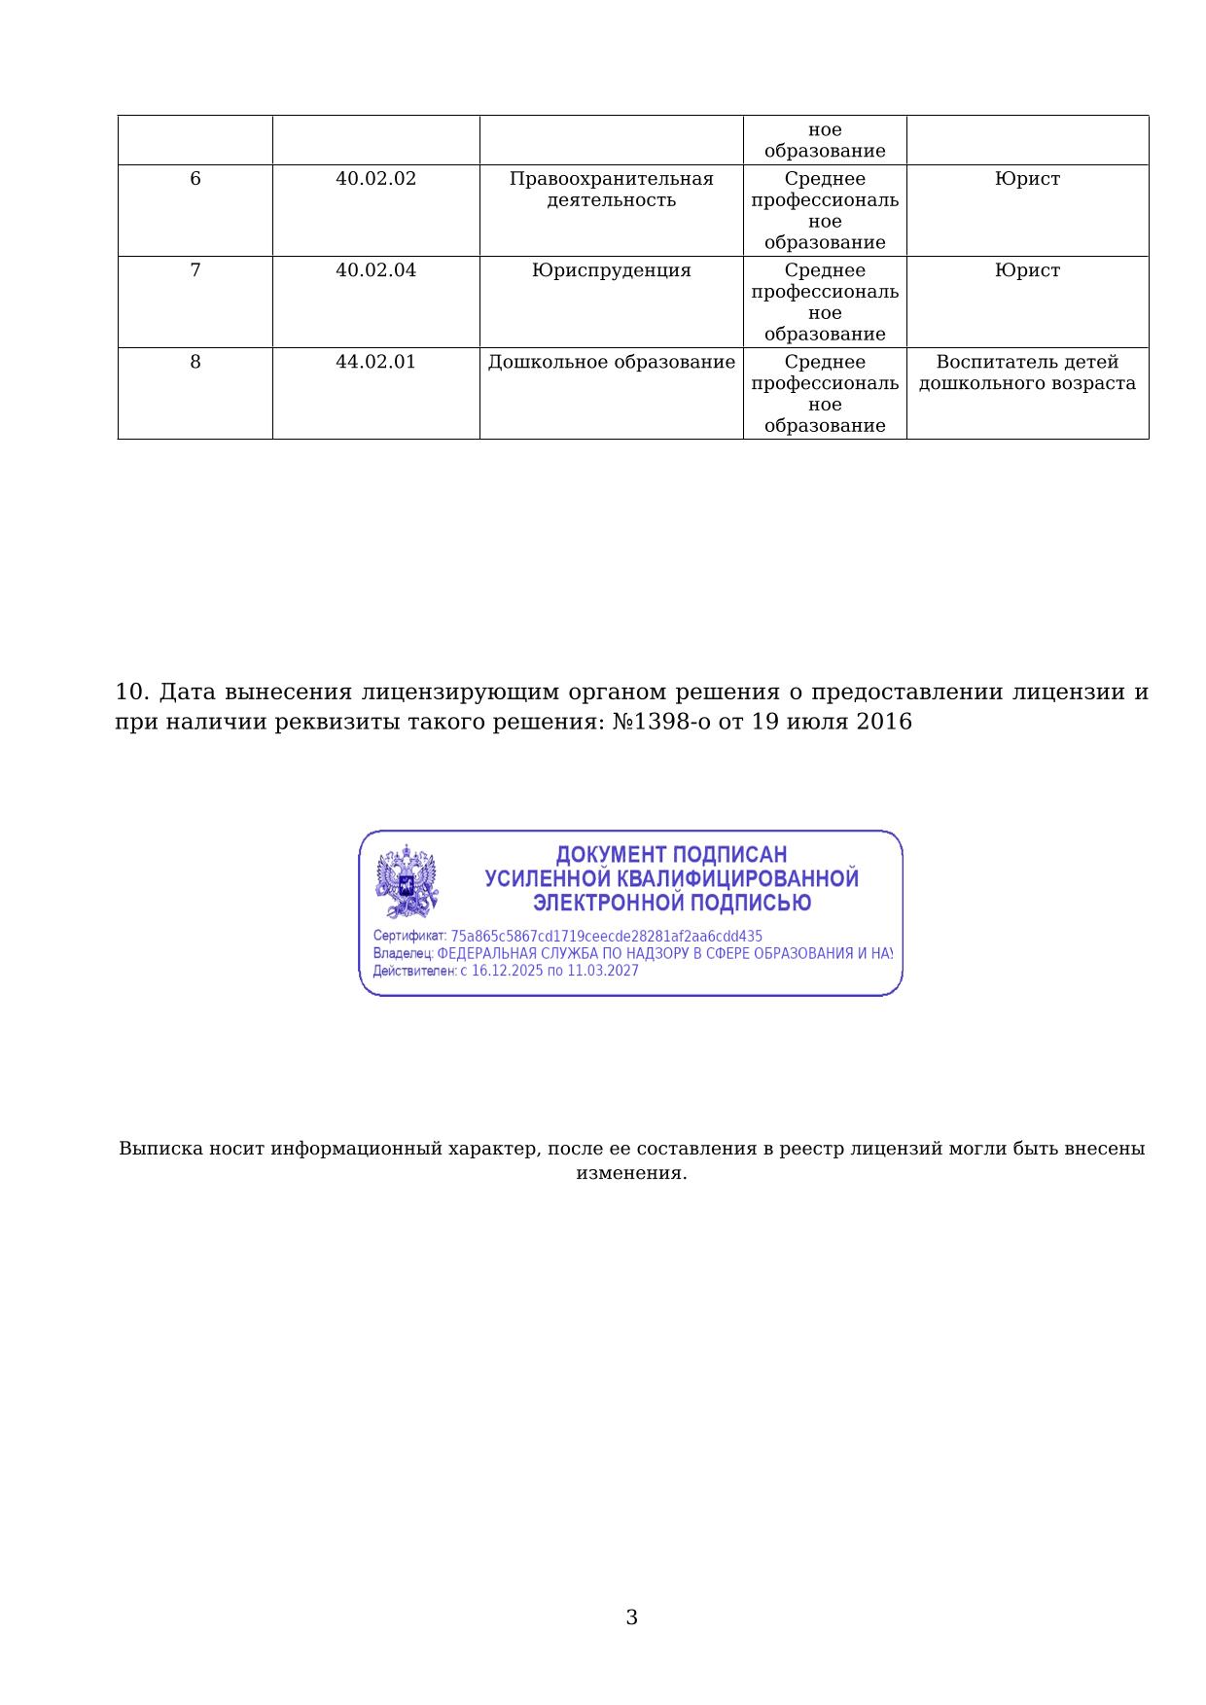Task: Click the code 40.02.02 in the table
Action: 375,179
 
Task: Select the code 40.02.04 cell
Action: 375,270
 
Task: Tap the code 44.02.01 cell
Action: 375,362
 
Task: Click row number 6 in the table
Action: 195,179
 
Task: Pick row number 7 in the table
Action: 195,270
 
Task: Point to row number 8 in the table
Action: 195,362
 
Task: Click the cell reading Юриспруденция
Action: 611,270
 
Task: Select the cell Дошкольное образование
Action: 611,362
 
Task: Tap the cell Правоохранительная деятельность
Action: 611,190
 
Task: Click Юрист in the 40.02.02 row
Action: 1027,179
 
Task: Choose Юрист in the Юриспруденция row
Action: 1027,270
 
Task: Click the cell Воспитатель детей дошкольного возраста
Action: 1027,373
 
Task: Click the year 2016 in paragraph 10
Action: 884,722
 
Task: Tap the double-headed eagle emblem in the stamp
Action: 407,881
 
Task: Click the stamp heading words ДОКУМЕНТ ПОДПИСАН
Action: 671,855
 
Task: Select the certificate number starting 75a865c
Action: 606,937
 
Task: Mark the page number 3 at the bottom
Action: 631,1617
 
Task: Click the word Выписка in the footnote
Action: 161,1149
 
